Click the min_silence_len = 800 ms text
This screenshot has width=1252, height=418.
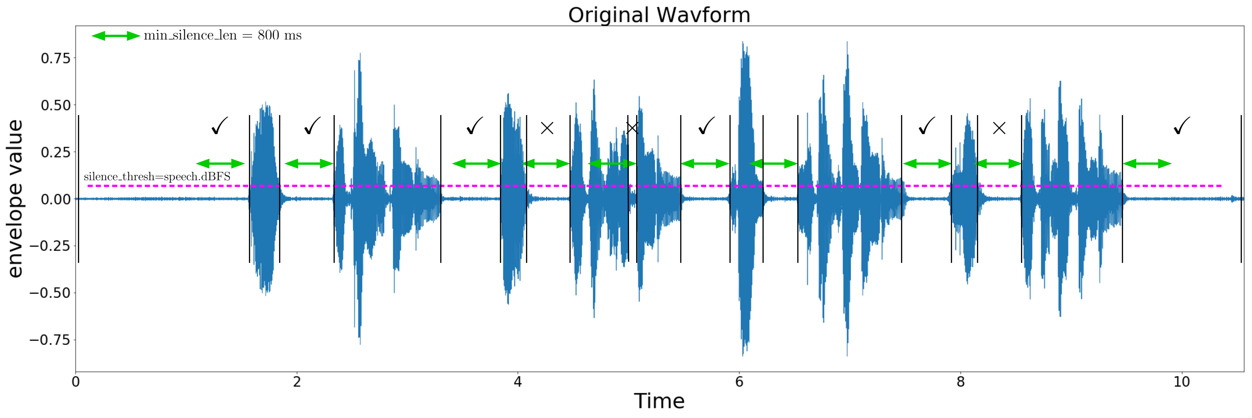tap(223, 36)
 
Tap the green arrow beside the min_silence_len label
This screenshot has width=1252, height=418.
tap(116, 36)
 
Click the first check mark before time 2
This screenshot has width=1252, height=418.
tap(220, 126)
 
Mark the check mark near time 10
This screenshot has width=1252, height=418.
tap(1181, 126)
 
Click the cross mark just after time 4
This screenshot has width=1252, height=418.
tap(547, 128)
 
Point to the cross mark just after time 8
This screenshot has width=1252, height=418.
tap(999, 128)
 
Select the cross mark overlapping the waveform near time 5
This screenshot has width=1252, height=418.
tap(632, 128)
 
